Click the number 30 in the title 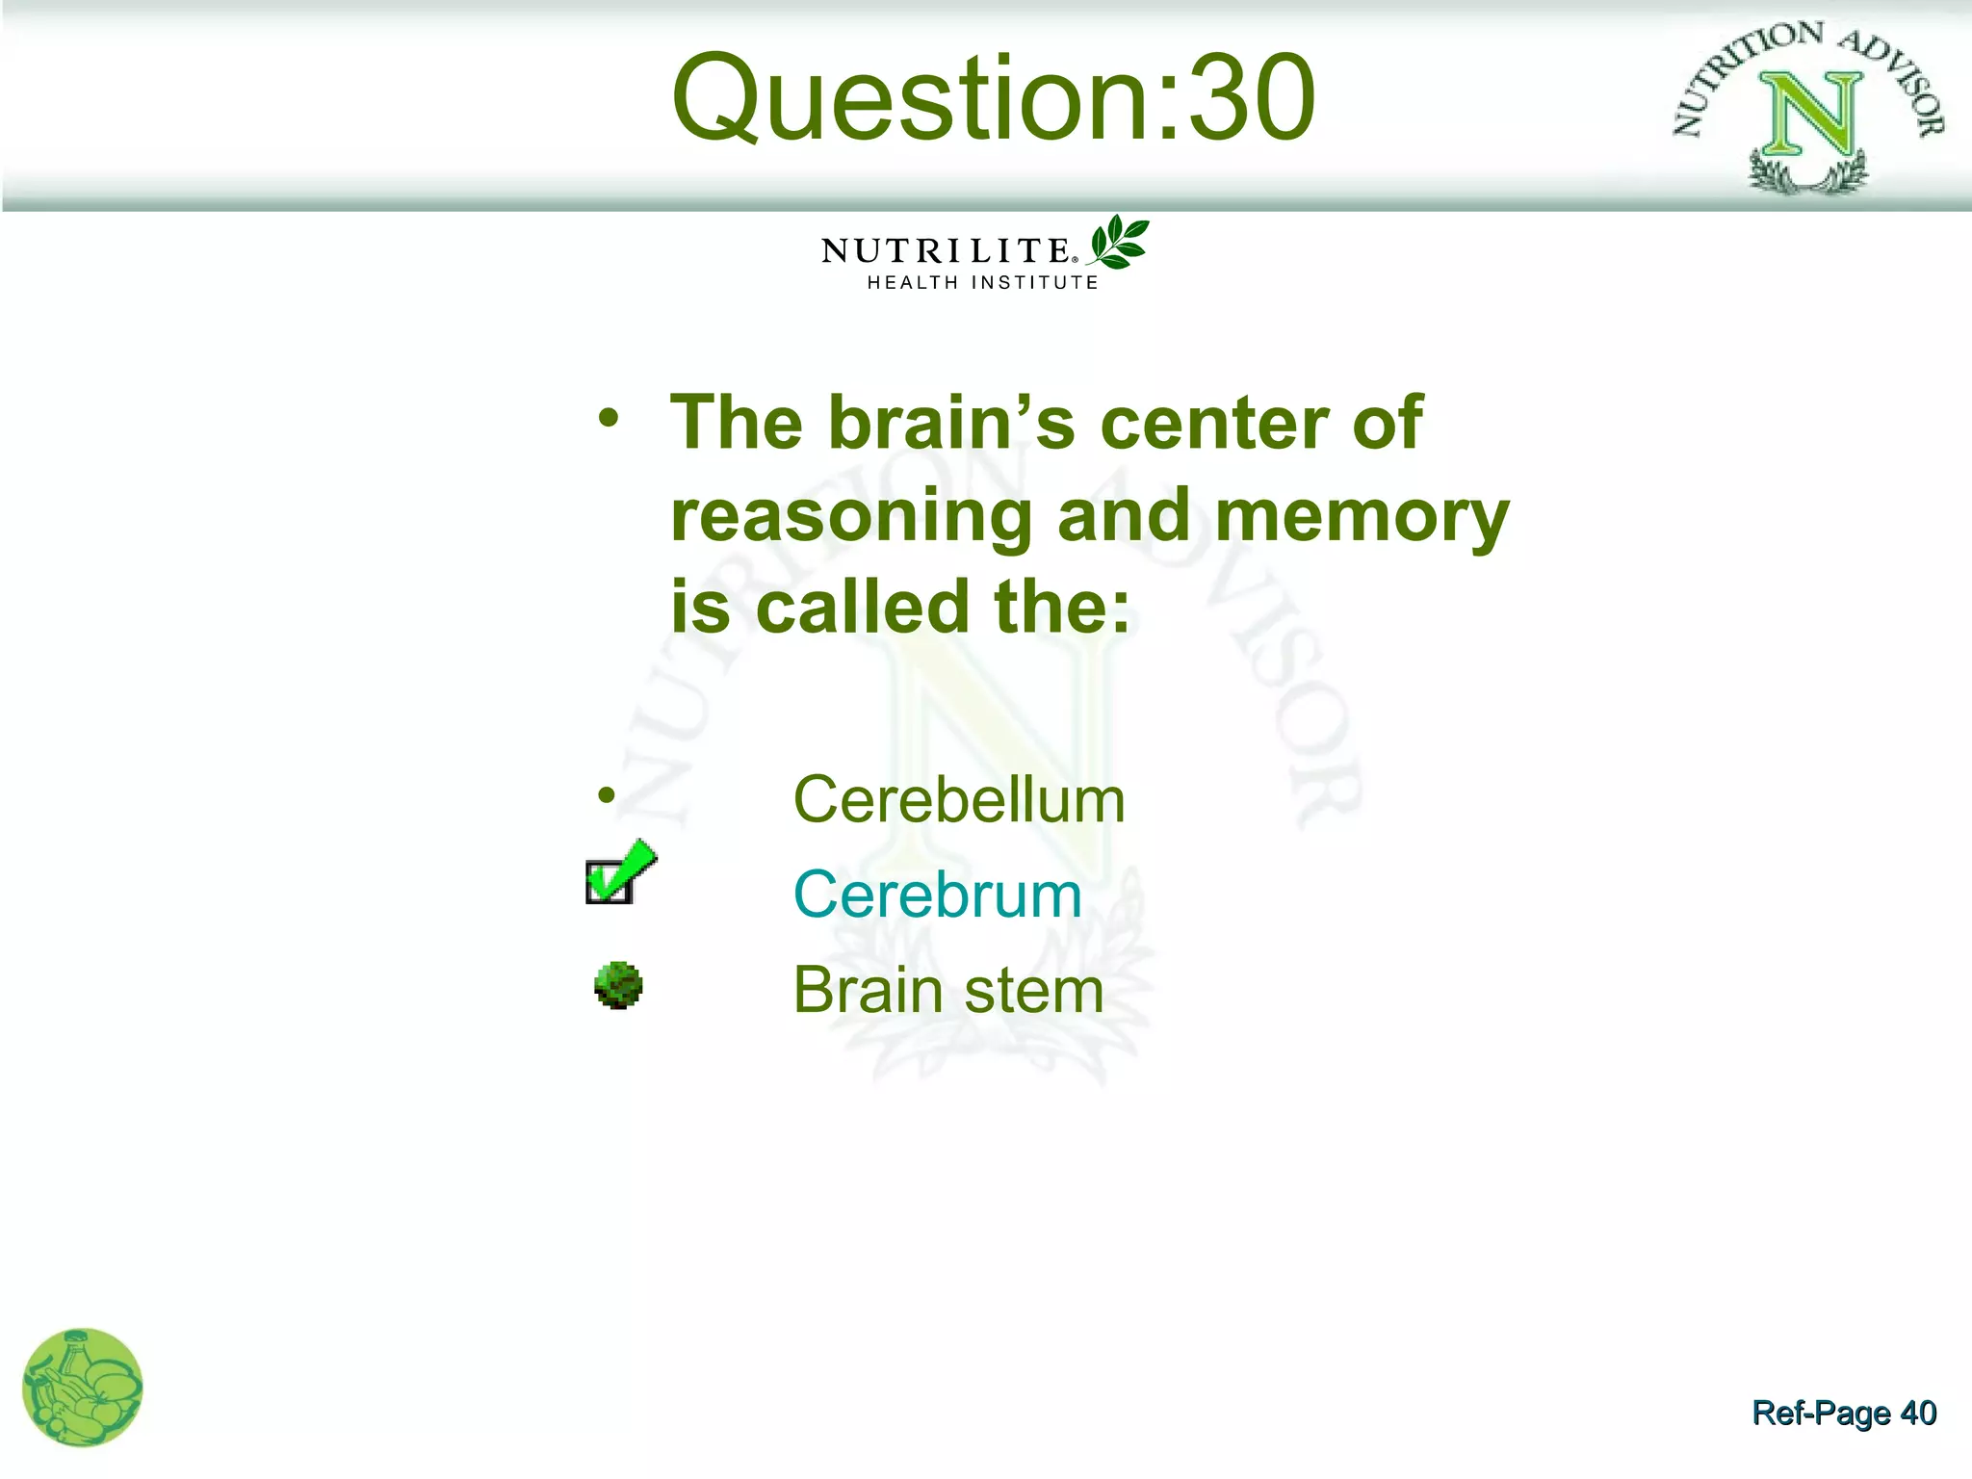1251,98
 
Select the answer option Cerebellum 958,800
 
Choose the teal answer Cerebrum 937,895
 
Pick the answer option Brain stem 947,990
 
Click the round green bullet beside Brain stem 618,985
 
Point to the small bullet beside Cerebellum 606,795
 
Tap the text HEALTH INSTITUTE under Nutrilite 982,283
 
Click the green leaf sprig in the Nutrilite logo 1119,243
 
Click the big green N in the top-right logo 1809,116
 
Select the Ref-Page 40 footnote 1843,1413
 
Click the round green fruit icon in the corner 82,1388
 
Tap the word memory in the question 1362,517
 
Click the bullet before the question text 607,418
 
